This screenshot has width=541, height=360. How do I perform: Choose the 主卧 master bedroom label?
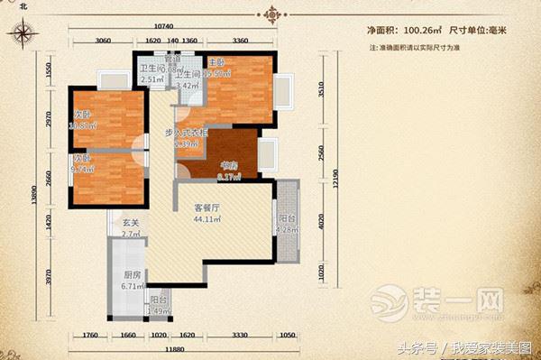click(216, 63)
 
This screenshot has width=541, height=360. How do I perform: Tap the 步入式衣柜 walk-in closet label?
click(188, 134)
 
